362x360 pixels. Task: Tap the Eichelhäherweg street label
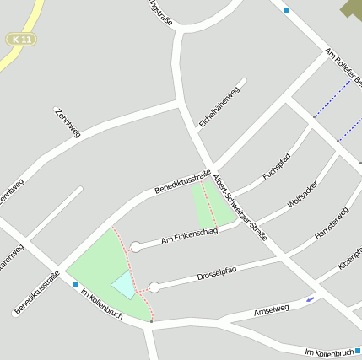click(219, 106)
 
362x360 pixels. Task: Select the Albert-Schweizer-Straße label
click(240, 207)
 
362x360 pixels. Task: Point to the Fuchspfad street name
click(276, 165)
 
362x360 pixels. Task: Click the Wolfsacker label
click(303, 194)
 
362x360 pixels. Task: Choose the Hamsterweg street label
click(331, 223)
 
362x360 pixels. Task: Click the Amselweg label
click(271, 311)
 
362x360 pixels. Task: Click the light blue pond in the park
click(123, 285)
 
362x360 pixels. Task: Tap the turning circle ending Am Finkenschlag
click(135, 247)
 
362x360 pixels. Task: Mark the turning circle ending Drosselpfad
click(154, 287)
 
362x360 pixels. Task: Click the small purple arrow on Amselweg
click(311, 299)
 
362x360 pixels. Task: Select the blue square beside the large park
click(76, 285)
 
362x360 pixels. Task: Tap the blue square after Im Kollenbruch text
click(358, 350)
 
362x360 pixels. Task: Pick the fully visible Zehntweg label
click(68, 122)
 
